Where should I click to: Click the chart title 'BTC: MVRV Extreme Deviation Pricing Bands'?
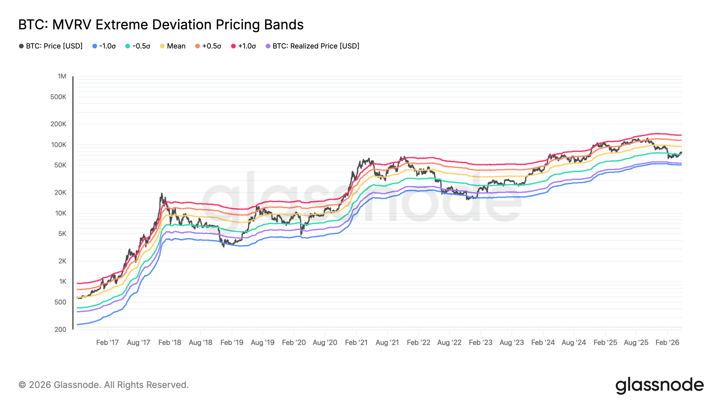tap(161, 25)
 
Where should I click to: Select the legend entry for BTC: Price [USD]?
tap(51, 46)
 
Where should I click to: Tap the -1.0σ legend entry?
tap(104, 46)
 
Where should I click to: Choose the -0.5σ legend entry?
tap(138, 46)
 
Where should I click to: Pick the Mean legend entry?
tap(173, 46)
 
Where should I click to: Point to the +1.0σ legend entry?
tap(243, 46)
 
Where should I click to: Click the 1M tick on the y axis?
tap(62, 76)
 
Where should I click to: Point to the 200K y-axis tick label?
tap(58, 124)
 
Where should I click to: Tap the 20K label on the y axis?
tap(60, 192)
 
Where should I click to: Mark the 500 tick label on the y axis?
tap(60, 302)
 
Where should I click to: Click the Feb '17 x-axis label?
tap(108, 342)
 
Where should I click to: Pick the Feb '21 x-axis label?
tap(356, 342)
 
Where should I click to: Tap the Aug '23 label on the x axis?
tap(512, 342)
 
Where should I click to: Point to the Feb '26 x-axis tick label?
tap(667, 342)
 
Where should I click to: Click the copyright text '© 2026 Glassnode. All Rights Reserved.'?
tap(103, 385)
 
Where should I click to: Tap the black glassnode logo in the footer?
tap(660, 385)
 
